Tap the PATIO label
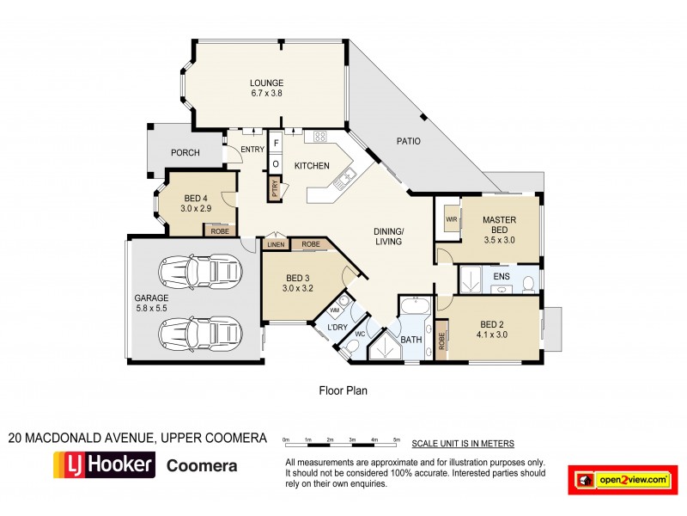pos(408,141)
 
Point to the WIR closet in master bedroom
pos(450,218)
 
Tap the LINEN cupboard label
pos(276,245)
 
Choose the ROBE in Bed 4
pos(220,230)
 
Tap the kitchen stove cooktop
pos(319,137)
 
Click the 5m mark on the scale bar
pos(396,439)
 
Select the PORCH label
pos(185,153)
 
